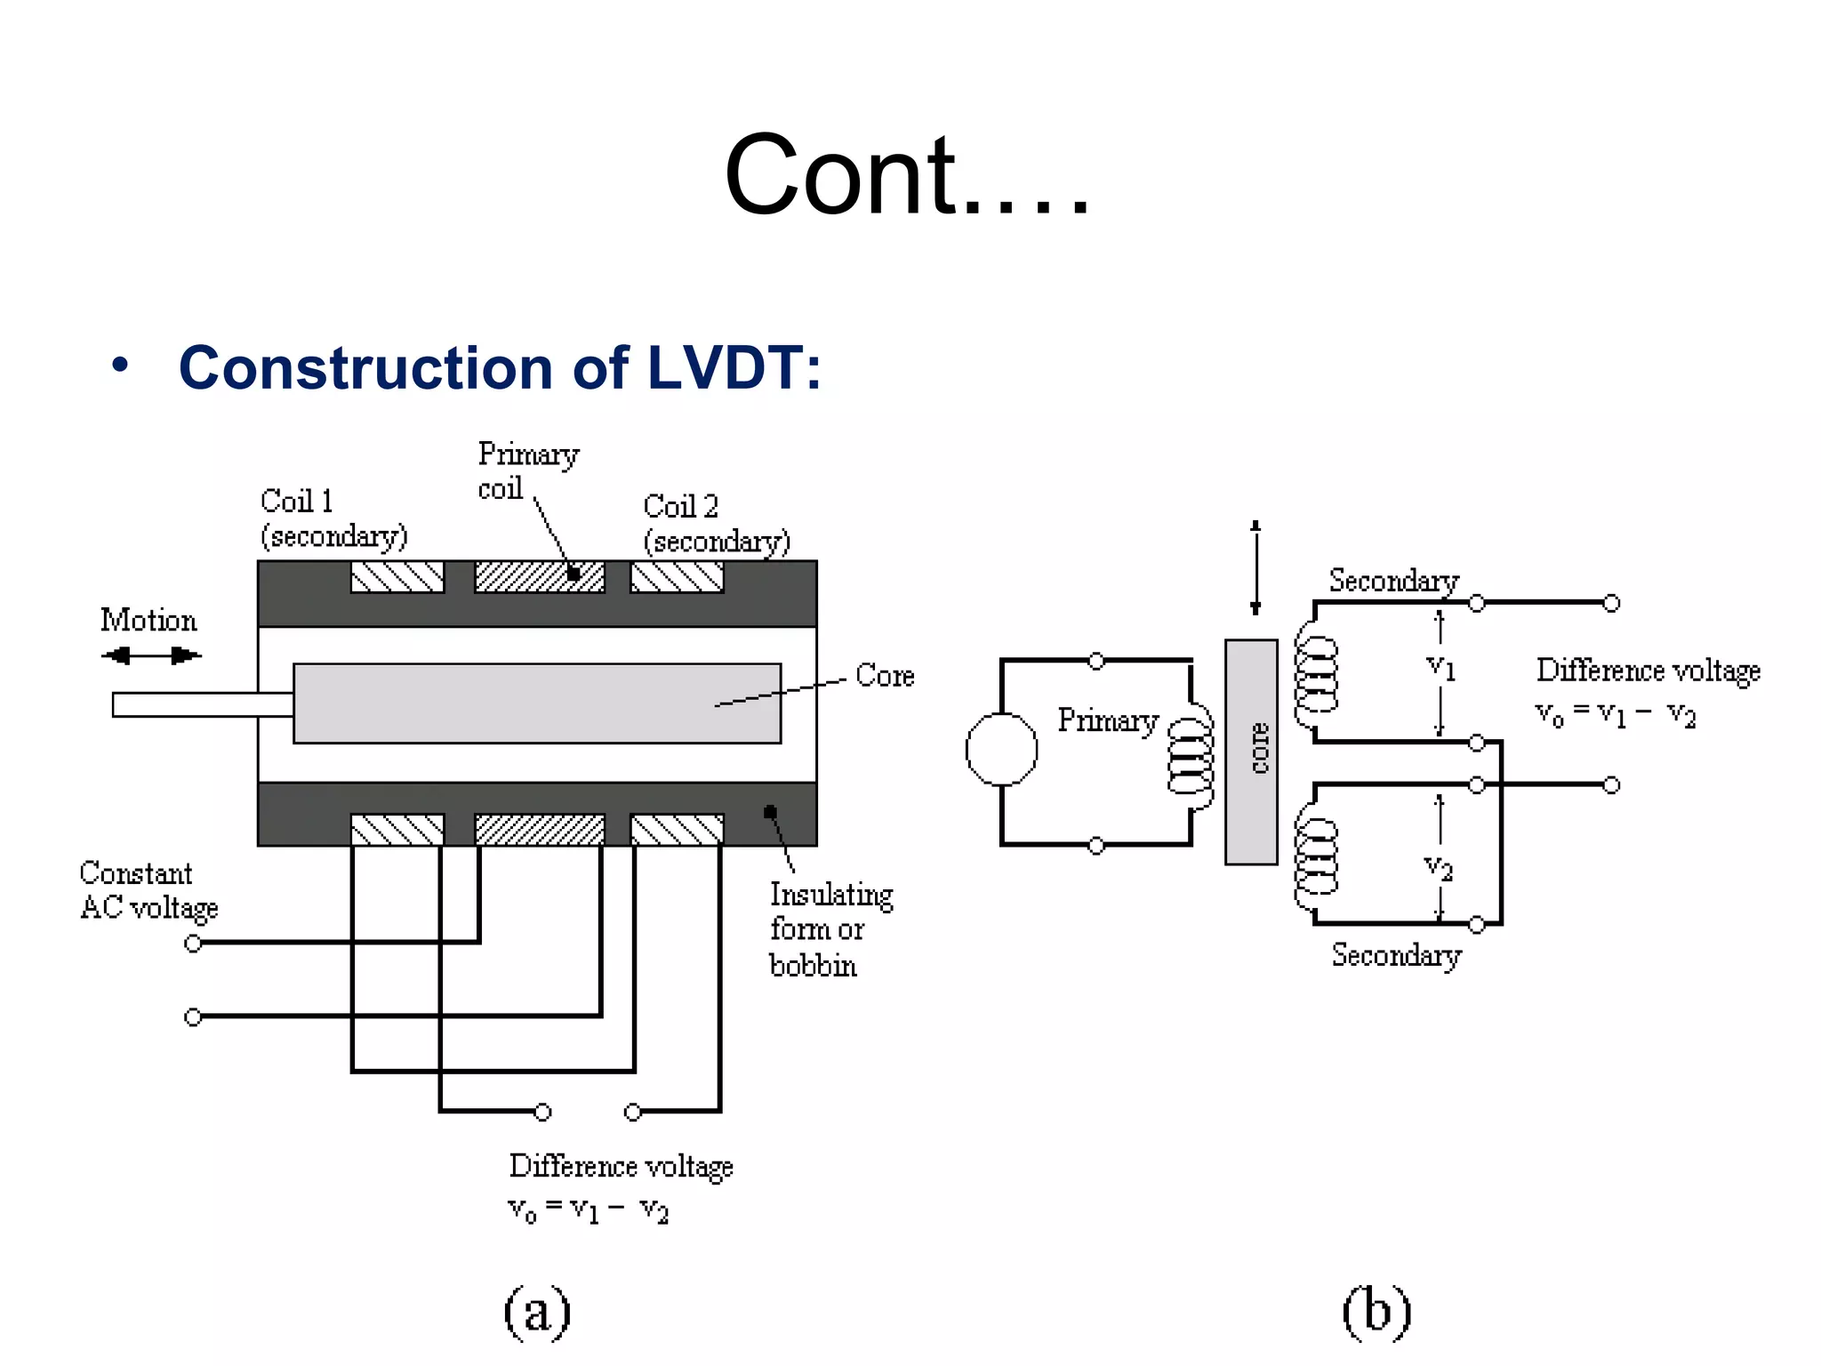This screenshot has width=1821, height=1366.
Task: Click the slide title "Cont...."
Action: pos(907,174)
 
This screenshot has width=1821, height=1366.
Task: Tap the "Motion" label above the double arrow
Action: pos(148,620)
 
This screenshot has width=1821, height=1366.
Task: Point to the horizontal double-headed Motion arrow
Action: pos(151,656)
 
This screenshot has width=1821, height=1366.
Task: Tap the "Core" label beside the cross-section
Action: pos(885,676)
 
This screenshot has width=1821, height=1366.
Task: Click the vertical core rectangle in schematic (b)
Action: pos(1251,751)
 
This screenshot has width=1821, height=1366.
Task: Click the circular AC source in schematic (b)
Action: pos(1001,750)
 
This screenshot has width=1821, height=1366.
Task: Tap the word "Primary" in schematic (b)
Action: pos(1108,720)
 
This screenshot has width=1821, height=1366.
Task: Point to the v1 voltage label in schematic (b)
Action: pos(1440,667)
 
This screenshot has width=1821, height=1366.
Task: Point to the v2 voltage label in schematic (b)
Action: pos(1438,867)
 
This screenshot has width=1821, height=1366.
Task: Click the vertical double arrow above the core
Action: pos(1255,567)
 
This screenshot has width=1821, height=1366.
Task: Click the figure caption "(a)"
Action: pos(537,1312)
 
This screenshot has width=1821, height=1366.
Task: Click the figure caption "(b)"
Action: pos(1376,1312)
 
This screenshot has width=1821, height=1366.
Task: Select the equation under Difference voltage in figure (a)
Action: pos(589,1210)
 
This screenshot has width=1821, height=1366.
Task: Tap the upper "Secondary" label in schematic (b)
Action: pos(1393,581)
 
